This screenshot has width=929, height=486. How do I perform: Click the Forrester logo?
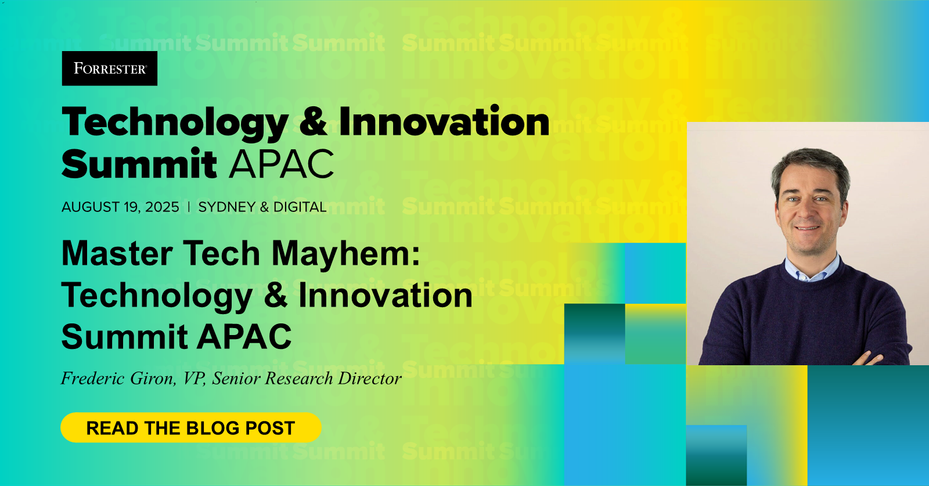[x=110, y=69]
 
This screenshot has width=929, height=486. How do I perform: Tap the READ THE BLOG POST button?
[x=190, y=428]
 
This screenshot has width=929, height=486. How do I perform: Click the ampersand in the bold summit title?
[x=314, y=122]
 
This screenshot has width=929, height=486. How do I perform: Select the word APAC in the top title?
[x=282, y=164]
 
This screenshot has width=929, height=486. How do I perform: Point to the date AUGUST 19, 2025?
[x=120, y=207]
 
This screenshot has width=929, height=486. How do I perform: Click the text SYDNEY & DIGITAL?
[x=262, y=207]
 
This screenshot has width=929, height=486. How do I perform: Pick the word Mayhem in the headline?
[x=346, y=254]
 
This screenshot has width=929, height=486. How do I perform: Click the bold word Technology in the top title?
[x=175, y=123]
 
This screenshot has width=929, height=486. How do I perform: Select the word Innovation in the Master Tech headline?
[x=385, y=296]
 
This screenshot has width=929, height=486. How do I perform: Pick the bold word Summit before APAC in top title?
[x=139, y=164]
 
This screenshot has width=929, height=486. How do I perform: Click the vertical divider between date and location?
[x=189, y=207]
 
